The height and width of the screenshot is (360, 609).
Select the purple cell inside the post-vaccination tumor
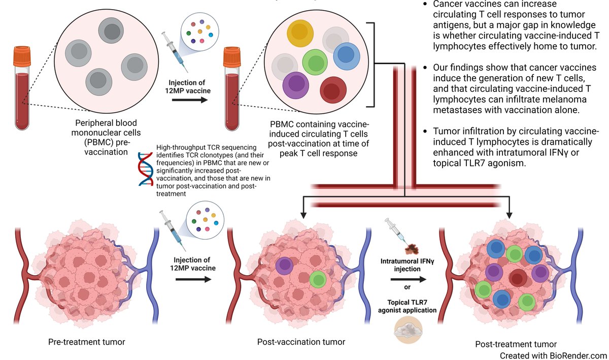coord(284,265)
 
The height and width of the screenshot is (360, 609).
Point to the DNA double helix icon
coord(145,170)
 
